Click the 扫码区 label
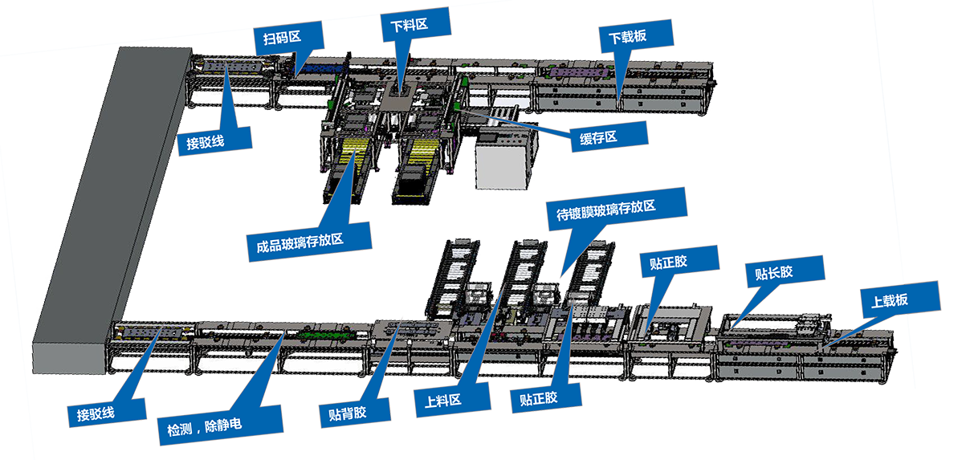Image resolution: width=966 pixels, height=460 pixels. [x=275, y=37]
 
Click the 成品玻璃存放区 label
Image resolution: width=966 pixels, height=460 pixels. [x=295, y=238]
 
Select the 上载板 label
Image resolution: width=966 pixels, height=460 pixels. [x=890, y=299]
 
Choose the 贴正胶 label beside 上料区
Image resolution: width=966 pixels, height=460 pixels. [x=538, y=398]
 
